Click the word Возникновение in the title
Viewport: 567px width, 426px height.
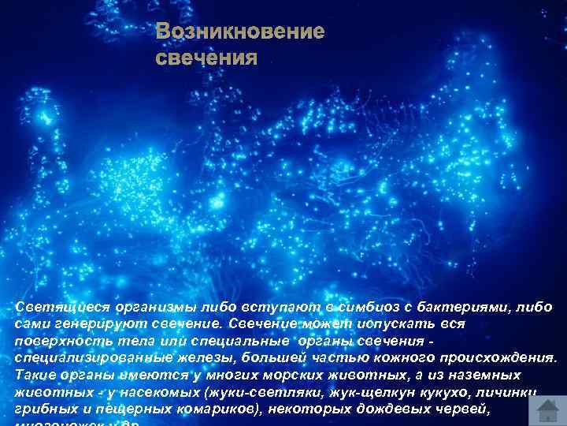pyautogui.click(x=239, y=32)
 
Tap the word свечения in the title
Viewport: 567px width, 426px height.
pyautogui.click(x=206, y=58)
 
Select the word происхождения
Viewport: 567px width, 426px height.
pyautogui.click(x=490, y=357)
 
